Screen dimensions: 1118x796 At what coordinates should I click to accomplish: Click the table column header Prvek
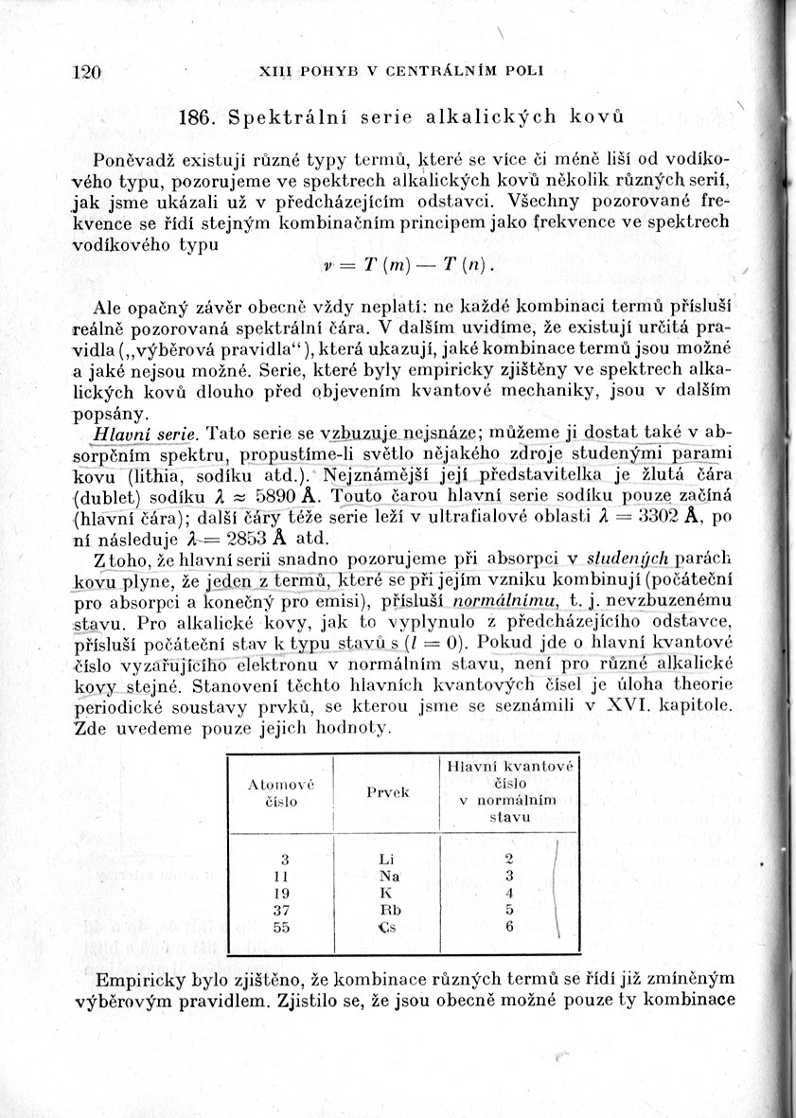tap(387, 791)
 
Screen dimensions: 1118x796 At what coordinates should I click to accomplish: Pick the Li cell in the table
tap(385, 859)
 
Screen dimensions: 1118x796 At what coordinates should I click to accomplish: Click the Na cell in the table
tap(388, 876)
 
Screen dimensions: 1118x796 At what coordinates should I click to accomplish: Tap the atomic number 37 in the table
tap(280, 910)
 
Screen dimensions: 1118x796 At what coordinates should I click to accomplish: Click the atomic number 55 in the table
tap(280, 927)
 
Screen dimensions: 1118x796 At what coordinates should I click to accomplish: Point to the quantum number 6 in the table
tap(508, 927)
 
